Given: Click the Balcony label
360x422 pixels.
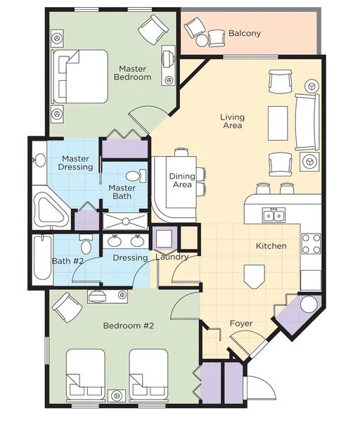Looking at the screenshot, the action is click(245, 33).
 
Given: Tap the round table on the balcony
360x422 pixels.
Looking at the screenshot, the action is click(202, 41).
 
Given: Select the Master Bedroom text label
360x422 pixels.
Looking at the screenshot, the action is click(132, 73).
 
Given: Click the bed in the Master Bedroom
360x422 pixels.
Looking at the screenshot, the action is click(80, 76).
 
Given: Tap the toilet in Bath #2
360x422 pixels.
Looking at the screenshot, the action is click(86, 244).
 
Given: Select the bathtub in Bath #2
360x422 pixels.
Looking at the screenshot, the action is click(42, 257).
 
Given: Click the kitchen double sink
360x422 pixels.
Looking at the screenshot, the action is click(274, 215).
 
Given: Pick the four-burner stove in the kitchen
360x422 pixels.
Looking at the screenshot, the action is click(311, 243).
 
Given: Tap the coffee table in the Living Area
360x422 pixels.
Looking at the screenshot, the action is click(278, 123).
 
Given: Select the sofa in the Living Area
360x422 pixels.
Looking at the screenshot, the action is click(307, 122).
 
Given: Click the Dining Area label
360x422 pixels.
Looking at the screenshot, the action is click(182, 180).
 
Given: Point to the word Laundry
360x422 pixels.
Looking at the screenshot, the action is click(172, 257).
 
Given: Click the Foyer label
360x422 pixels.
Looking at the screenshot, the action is click(241, 324).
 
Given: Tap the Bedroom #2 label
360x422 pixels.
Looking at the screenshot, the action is click(129, 326).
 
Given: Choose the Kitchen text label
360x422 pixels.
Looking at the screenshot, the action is click(271, 245).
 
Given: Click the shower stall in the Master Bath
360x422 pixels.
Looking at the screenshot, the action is click(126, 222).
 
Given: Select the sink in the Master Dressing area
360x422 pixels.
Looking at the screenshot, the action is click(39, 160).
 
